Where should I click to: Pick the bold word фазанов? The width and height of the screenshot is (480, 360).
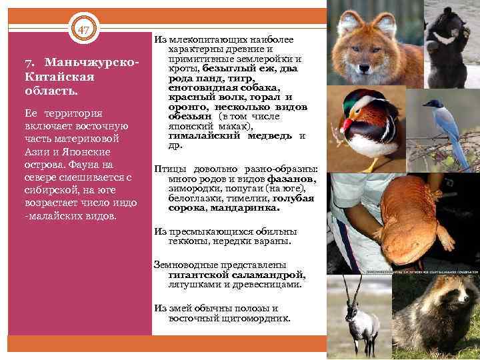(291, 179)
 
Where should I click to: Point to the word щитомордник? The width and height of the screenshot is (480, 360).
(261, 318)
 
